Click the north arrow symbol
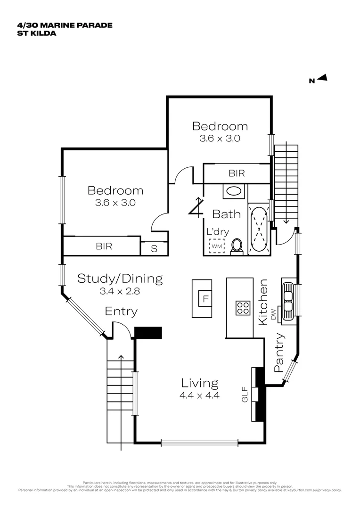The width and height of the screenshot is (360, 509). tap(322, 79)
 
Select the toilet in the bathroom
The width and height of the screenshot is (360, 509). tap(237, 246)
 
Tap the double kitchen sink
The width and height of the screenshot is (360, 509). tap(288, 300)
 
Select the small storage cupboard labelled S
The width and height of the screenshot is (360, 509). tap(154, 248)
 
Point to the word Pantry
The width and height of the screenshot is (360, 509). tap(279, 353)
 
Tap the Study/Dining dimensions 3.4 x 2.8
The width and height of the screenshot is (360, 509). tap(120, 291)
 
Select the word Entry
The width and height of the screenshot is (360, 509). tap(121, 312)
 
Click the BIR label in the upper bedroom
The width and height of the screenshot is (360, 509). tap(237, 173)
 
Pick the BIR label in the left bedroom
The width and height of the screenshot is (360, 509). tap(104, 246)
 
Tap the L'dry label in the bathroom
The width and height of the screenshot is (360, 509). tap(218, 232)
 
